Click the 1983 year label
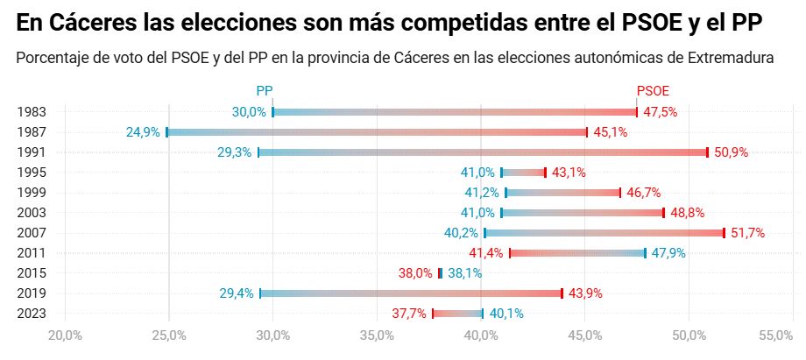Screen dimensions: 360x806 pyautogui.click(x=31, y=112)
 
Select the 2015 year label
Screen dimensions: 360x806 pyautogui.click(x=31, y=273)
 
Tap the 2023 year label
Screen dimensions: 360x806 pyautogui.click(x=31, y=314)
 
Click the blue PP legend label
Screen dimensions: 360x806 pyautogui.click(x=265, y=90)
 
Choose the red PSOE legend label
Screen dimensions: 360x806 pyautogui.click(x=653, y=90)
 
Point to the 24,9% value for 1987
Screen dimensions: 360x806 pyautogui.click(x=144, y=132)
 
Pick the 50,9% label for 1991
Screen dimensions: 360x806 pyautogui.click(x=732, y=152)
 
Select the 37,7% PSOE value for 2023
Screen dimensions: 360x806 pyautogui.click(x=409, y=314)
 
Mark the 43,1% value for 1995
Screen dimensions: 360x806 pyautogui.click(x=569, y=173)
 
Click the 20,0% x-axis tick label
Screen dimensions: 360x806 pyautogui.click(x=65, y=335)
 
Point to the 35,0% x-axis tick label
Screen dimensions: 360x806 pyautogui.click(x=377, y=335)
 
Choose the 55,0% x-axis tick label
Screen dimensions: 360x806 pyautogui.click(x=774, y=335)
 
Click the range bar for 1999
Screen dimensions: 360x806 pyautogui.click(x=562, y=193)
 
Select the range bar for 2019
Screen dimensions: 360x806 pyautogui.click(x=411, y=293)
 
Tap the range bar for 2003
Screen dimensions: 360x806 pyautogui.click(x=582, y=213)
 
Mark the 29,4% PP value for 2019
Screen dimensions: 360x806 pyautogui.click(x=237, y=293)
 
